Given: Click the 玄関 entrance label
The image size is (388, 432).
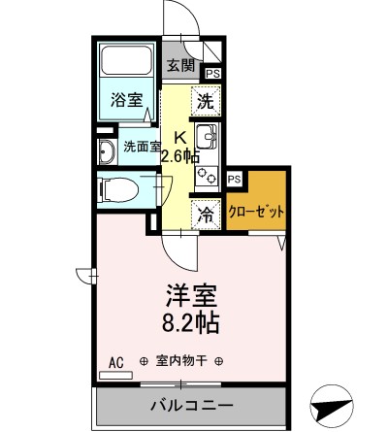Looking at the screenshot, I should [x=179, y=66].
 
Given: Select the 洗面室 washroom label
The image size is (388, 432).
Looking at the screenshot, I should [x=142, y=147].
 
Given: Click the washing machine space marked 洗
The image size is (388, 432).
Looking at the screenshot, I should [x=205, y=99].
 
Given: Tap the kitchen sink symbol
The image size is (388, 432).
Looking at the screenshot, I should [x=206, y=135].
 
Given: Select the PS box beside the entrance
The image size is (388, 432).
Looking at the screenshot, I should [x=211, y=70].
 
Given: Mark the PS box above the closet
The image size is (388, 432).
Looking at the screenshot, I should [x=234, y=178].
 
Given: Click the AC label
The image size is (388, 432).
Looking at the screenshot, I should [x=115, y=362].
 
